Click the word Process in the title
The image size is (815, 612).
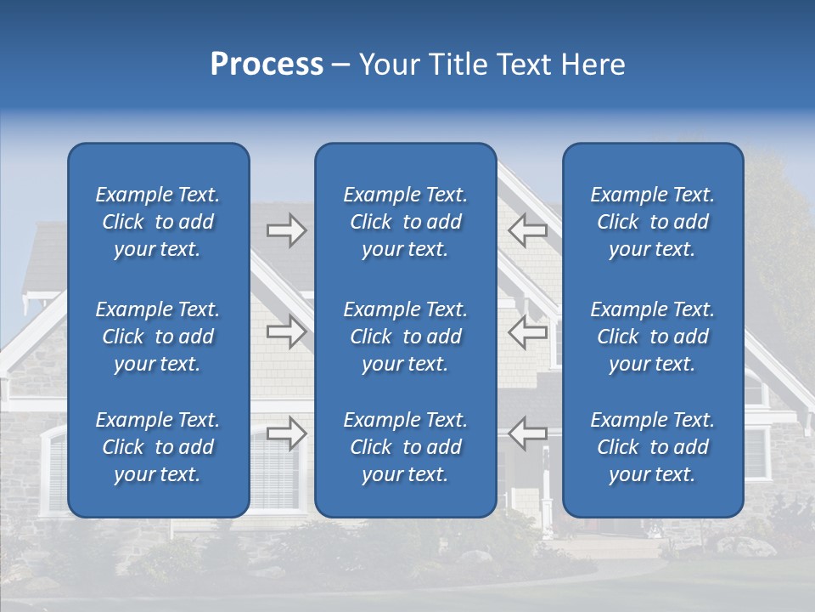(267, 65)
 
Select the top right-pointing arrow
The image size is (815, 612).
(286, 230)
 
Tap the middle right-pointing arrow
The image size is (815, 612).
(286, 332)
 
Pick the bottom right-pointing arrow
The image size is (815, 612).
(286, 433)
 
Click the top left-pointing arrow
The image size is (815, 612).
(528, 230)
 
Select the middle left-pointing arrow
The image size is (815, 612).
(528, 332)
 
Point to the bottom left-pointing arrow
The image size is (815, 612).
(528, 433)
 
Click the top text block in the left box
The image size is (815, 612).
(158, 222)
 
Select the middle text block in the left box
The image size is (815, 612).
(158, 337)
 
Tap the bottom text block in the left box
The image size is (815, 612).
(158, 447)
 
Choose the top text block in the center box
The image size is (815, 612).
(405, 222)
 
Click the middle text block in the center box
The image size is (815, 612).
(405, 337)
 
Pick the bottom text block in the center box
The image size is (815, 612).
(405, 447)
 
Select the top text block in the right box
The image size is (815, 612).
(652, 222)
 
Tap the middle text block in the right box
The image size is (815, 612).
(652, 337)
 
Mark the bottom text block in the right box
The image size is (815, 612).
(652, 447)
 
